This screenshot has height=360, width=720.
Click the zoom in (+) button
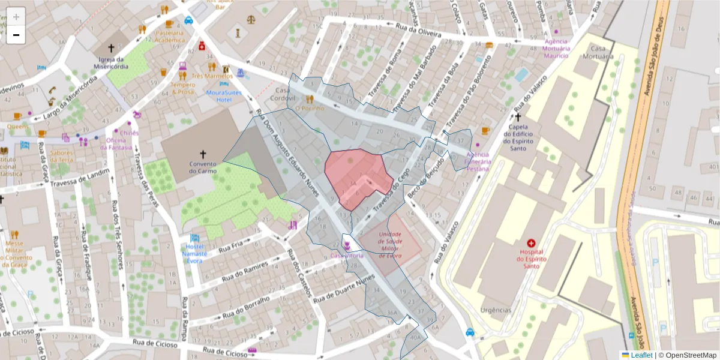tap(16, 17)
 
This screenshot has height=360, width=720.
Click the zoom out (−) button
tap(16, 35)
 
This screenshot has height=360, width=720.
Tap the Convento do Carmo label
tap(202, 167)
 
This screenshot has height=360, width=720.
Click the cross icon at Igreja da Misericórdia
tap(111, 47)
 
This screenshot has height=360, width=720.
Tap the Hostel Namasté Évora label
tap(194, 253)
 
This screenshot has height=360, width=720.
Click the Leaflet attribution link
tap(641, 355)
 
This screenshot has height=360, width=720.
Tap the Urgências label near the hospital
tap(496, 310)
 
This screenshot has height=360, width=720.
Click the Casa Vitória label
tap(347, 256)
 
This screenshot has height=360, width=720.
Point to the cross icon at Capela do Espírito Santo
tap(518, 117)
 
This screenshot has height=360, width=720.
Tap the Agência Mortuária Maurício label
tap(556, 48)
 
